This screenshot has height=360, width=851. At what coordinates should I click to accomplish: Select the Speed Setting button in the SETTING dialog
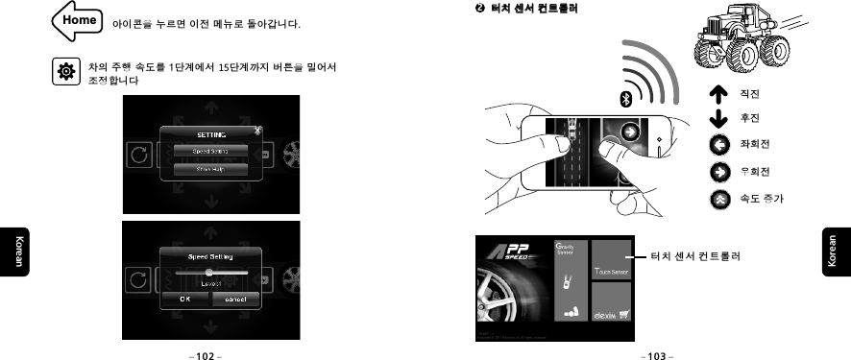point(210,151)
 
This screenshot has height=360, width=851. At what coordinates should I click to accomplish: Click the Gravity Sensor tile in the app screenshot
point(571,279)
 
